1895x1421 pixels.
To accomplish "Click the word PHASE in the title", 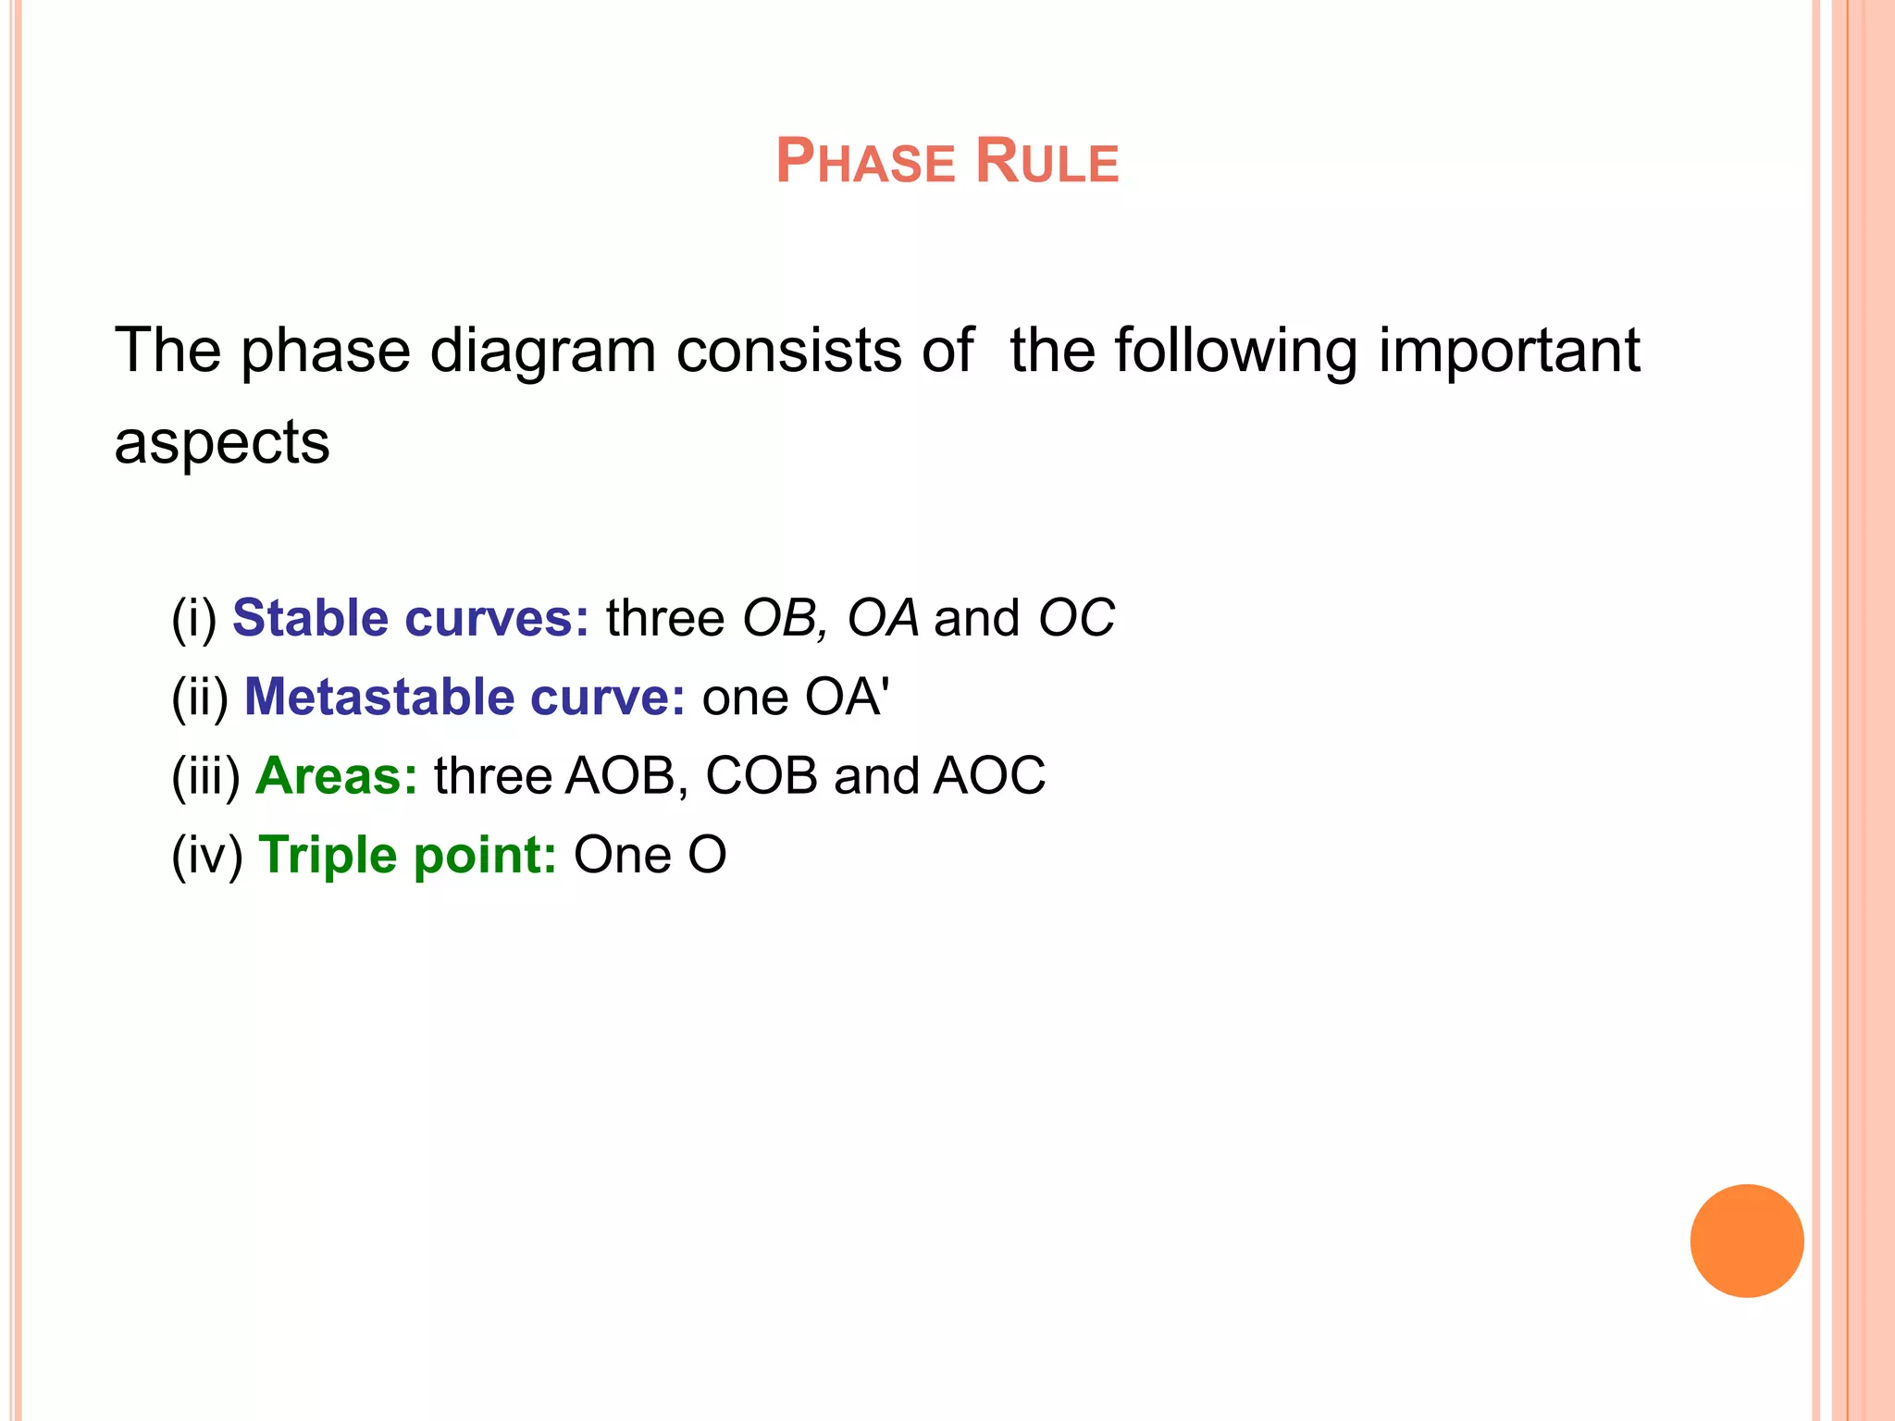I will coord(864,162).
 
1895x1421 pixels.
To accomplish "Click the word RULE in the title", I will coord(1047,162).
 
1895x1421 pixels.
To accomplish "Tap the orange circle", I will coord(1746,1241).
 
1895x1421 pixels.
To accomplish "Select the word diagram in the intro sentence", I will coord(542,352).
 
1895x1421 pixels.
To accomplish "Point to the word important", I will coord(1508,352).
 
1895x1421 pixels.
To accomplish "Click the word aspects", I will coord(222,442).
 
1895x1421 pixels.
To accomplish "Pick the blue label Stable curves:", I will coord(410,618).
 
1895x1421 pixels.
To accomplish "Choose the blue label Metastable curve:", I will coord(464,697).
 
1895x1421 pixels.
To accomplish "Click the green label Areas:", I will coord(337,775).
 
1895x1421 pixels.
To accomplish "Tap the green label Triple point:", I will coord(407,855).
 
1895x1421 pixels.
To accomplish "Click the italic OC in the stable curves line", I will coord(1076,618).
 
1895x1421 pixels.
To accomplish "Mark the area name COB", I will coord(761,775).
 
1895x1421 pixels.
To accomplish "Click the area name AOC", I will coord(989,775).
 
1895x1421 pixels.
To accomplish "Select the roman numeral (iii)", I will coord(206,775).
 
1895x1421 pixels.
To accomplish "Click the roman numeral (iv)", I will coord(207,855).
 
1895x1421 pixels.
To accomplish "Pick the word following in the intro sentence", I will coord(1235,352).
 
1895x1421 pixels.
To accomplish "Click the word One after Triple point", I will coord(622,855).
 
